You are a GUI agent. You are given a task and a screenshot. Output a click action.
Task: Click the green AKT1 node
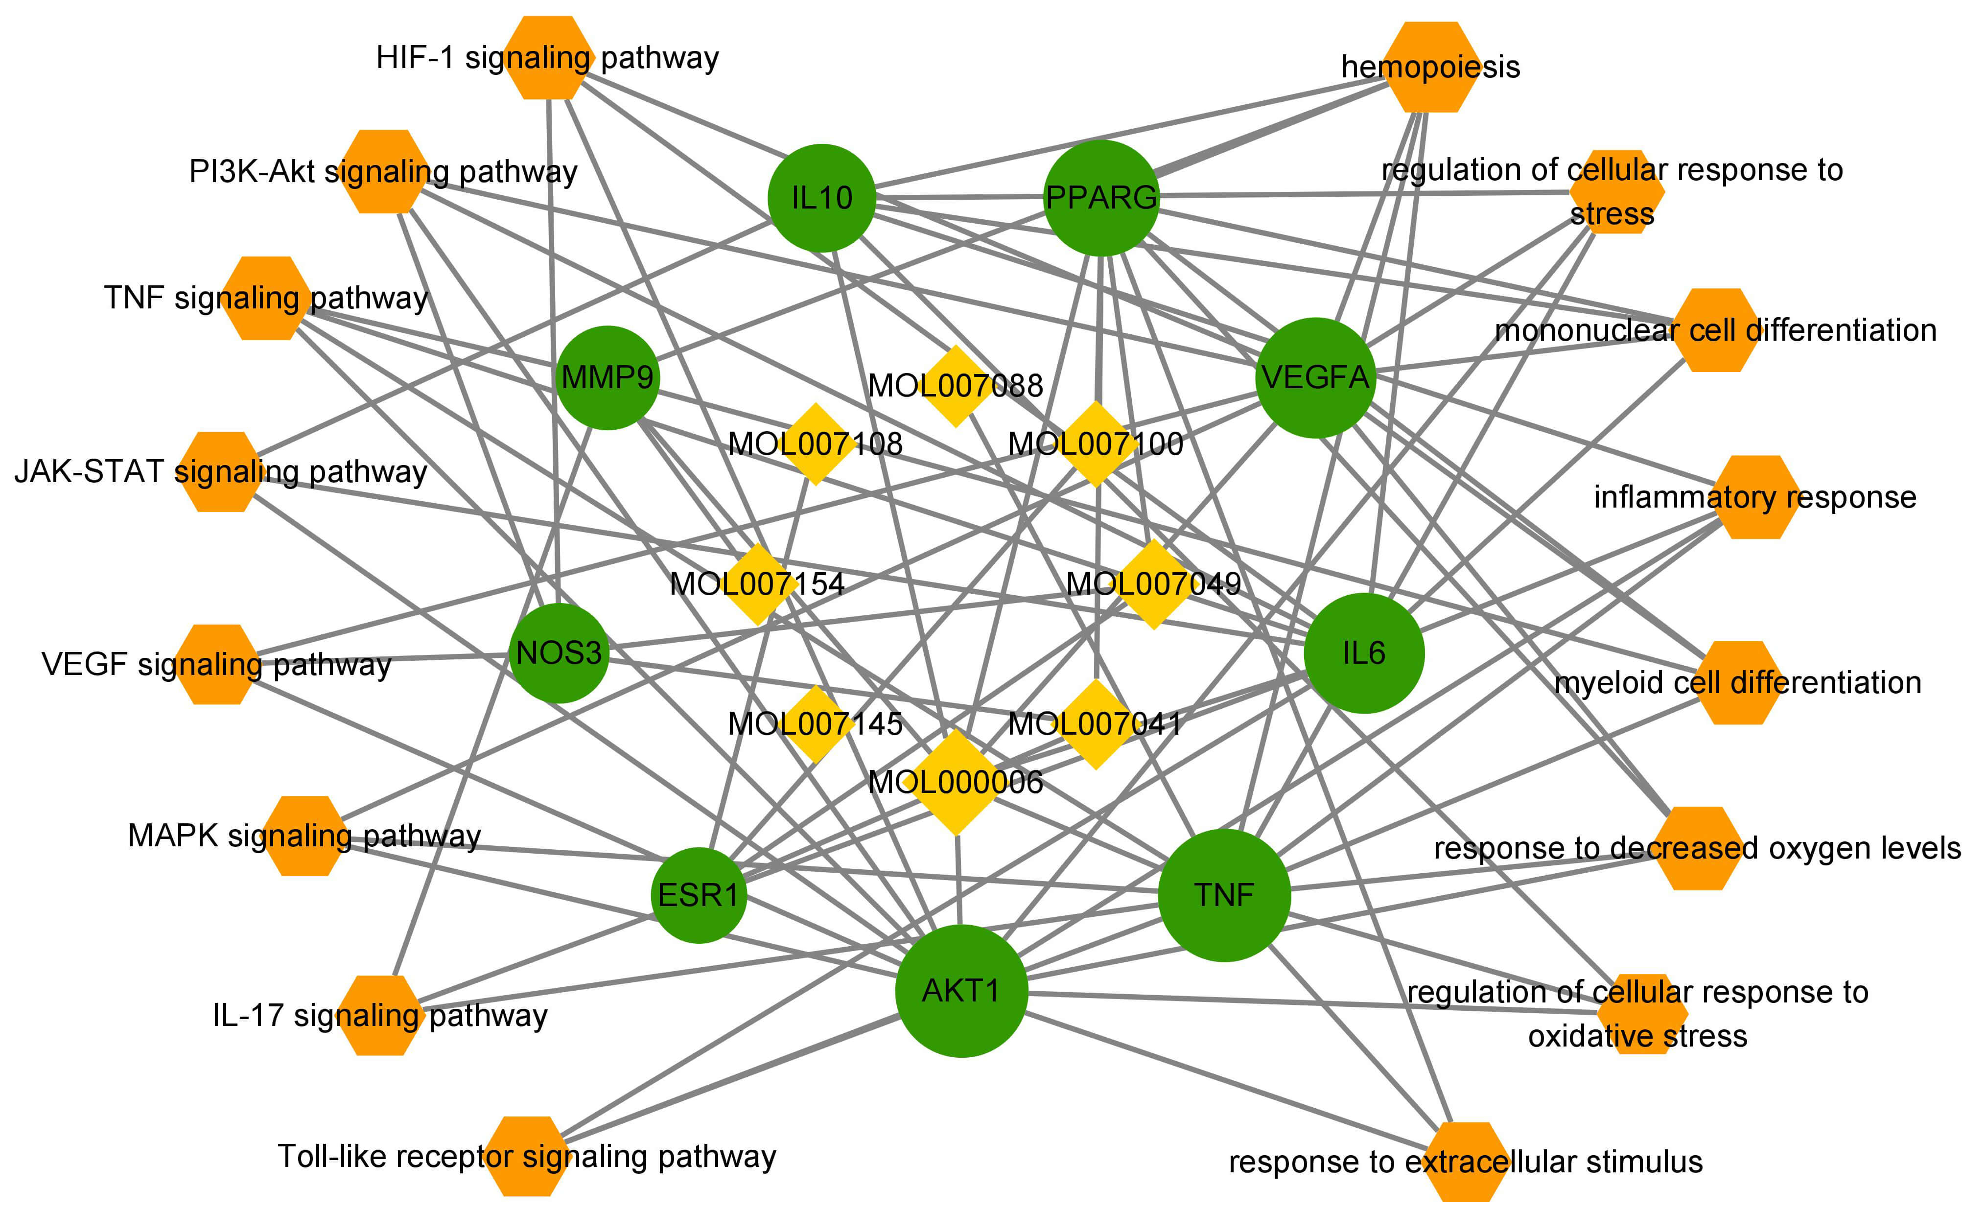click(961, 991)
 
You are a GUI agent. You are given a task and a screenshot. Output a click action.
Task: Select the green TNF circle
click(1224, 895)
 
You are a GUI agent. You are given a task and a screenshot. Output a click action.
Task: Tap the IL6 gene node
click(1364, 653)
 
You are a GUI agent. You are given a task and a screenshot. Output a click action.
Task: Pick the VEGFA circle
click(1315, 377)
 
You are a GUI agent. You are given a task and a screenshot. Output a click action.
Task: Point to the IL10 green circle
click(822, 198)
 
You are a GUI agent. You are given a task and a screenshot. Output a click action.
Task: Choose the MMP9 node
click(608, 377)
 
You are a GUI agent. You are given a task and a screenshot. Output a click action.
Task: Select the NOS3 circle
click(559, 653)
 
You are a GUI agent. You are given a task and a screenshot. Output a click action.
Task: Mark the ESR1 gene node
click(699, 895)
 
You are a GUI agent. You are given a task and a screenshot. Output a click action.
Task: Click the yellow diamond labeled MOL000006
click(956, 782)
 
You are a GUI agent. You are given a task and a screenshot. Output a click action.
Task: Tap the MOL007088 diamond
click(956, 386)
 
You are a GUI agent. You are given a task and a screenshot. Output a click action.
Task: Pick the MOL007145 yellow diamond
click(816, 723)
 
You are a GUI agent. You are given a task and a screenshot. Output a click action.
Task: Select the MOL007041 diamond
click(1096, 723)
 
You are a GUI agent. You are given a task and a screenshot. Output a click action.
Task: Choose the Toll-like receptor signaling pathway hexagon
click(527, 1156)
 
